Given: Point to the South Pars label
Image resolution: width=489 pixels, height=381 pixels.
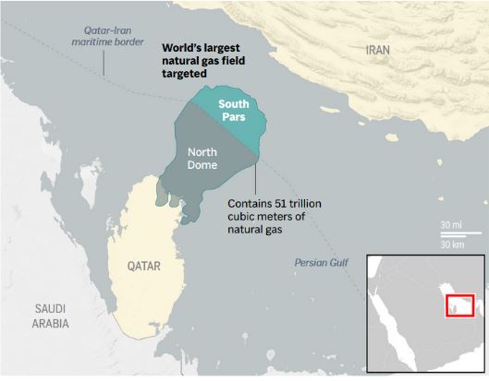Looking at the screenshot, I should click(233, 111).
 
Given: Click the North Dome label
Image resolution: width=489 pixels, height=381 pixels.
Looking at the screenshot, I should click(202, 159).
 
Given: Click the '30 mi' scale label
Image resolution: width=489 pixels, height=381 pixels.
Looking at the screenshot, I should click(451, 225).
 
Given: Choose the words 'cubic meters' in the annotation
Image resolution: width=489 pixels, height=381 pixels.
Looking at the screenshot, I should click(261, 217).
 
